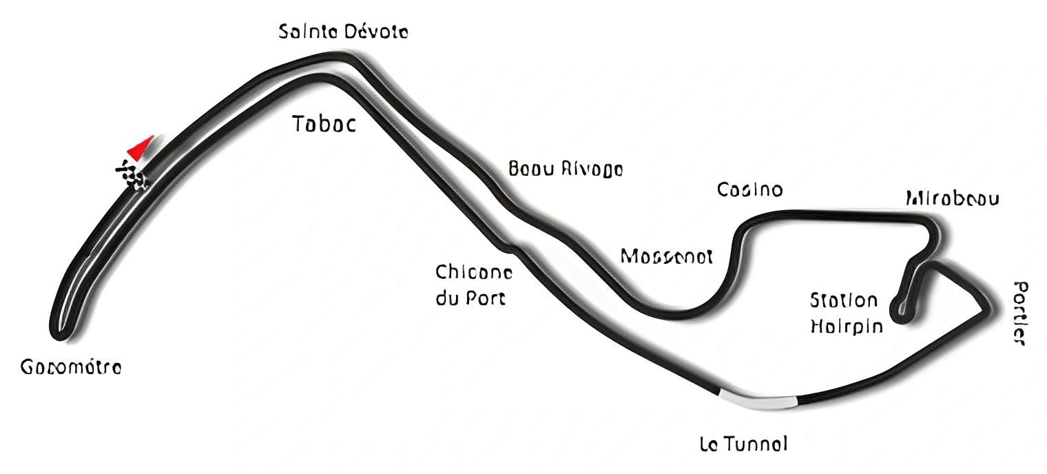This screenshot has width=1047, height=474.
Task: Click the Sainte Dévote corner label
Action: point(343,31)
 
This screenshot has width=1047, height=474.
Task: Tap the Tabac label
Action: point(324,124)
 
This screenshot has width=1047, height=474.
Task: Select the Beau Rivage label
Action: point(565,169)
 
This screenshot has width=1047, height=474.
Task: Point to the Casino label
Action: point(749,189)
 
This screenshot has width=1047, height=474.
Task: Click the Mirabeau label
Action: point(952,199)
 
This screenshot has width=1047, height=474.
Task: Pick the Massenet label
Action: point(666,256)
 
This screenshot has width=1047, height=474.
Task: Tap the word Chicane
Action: point(474,273)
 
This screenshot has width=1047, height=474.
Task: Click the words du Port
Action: point(470,299)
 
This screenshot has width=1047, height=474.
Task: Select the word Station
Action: point(844,300)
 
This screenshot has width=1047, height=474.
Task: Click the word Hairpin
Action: point(846,326)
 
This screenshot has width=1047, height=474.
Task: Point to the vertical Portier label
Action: point(1020,313)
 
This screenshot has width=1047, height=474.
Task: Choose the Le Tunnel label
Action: point(743,444)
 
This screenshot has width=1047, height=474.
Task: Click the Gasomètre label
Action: point(71,368)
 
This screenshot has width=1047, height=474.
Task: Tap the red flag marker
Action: point(140,147)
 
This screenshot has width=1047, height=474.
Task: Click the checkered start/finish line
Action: point(133,174)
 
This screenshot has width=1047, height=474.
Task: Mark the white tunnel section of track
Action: point(758,400)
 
